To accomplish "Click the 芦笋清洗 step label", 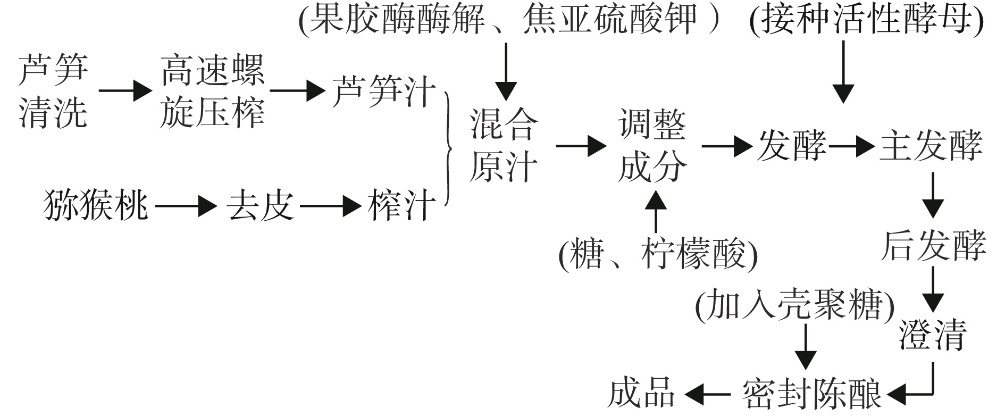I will point(53,90).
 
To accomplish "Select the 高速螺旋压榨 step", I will point(212,91).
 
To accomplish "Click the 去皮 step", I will point(261,205).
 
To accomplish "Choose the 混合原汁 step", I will point(503,146).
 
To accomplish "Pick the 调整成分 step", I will point(652,146).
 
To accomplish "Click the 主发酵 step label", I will point(931,146).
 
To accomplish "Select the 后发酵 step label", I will point(933,246).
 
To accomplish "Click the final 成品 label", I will point(641,394).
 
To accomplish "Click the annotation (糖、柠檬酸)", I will point(658,254).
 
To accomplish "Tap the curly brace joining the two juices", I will point(449,148).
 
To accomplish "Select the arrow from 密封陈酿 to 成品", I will point(708,394).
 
